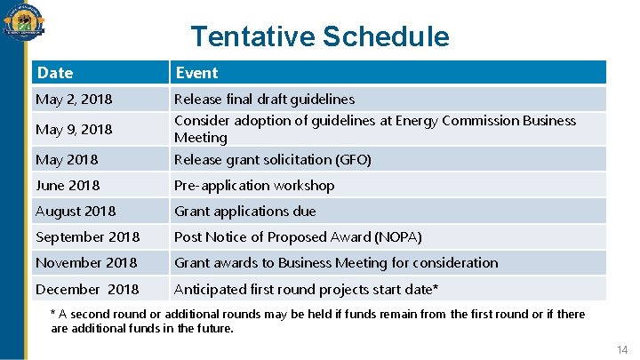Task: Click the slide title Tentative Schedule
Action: [x=320, y=36]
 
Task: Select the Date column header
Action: [x=54, y=73]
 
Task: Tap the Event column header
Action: [x=196, y=73]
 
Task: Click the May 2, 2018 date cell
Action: [x=74, y=100]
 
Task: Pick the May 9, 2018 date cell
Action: [x=74, y=130]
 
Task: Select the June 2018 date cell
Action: [x=68, y=186]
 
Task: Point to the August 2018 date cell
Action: [x=76, y=212]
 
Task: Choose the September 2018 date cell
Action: [x=87, y=237]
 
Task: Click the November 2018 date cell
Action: [x=86, y=263]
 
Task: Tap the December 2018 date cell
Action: [x=87, y=290]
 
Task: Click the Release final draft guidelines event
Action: [x=264, y=100]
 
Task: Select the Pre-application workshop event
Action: [x=254, y=186]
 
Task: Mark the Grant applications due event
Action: [x=244, y=212]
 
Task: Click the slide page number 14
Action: [x=622, y=351]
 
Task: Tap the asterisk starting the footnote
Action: [x=53, y=314]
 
